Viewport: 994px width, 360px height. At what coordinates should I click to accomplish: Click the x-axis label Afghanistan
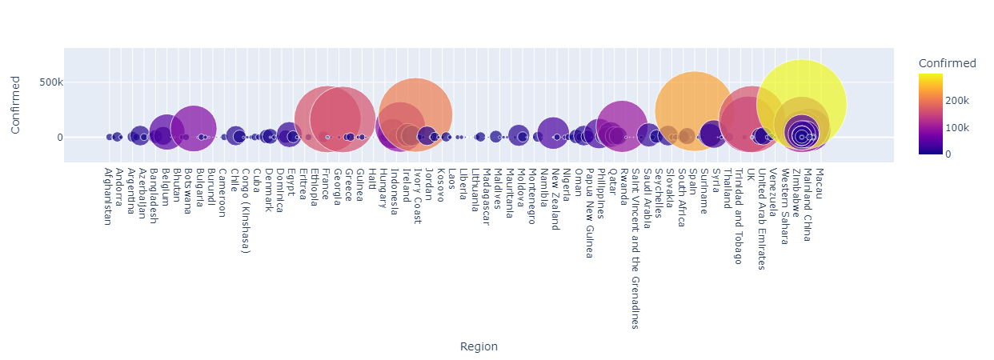click(x=107, y=196)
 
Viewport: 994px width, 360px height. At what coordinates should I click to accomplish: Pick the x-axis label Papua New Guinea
click(x=589, y=213)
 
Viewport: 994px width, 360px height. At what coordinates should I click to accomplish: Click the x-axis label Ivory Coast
click(x=417, y=195)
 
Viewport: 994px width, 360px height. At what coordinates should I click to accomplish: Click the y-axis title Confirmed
click(x=15, y=105)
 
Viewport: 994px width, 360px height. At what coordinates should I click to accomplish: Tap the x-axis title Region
click(x=479, y=346)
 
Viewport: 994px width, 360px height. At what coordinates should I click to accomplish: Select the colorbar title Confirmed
click(x=948, y=63)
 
